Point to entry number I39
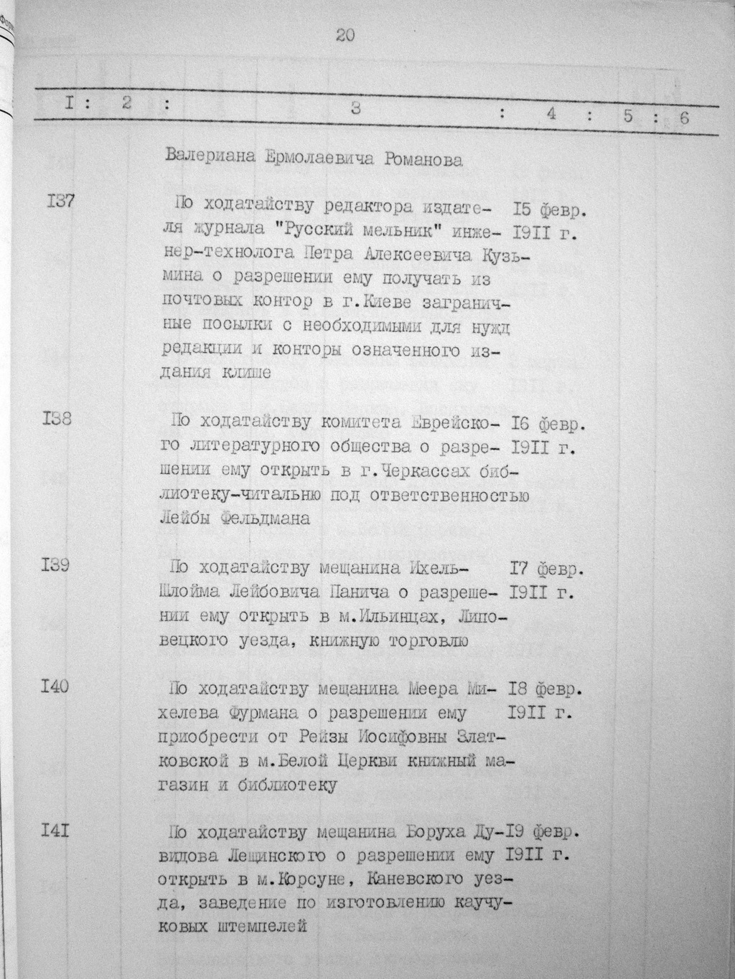tap(55, 565)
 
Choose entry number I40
tap(55, 686)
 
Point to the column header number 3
tap(355, 109)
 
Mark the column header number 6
tap(683, 118)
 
